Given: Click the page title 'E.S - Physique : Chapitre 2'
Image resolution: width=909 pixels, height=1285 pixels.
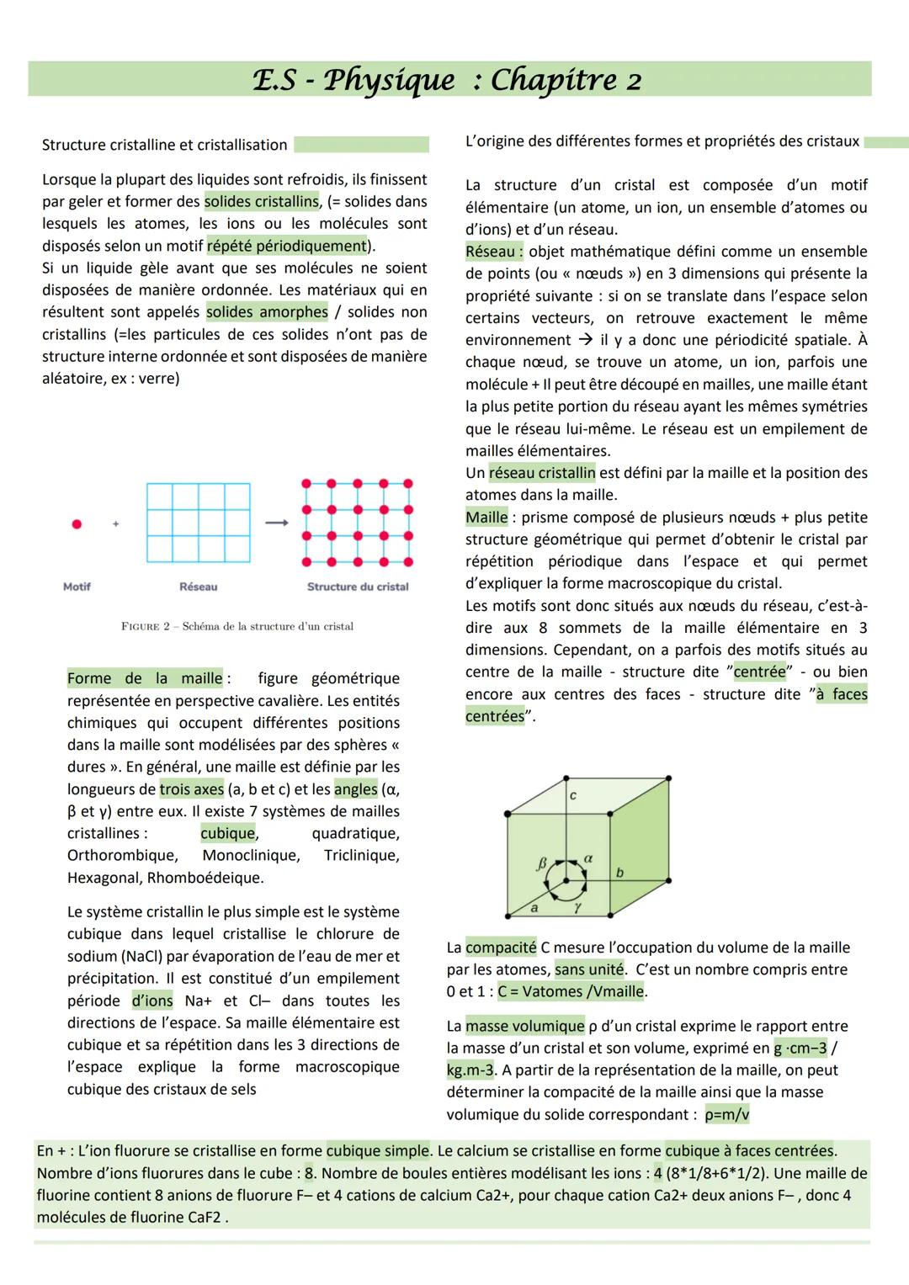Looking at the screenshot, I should (447, 80).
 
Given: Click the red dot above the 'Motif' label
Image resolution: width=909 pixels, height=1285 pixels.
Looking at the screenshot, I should (77, 524).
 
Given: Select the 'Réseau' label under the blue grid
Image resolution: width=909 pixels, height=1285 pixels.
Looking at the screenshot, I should (198, 587).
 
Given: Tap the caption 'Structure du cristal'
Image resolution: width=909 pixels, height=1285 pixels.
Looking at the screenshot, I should (358, 587).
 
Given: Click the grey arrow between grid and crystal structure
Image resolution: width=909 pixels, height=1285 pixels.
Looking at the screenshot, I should (276, 523).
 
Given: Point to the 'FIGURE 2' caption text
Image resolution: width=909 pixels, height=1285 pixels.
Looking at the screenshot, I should (237, 626).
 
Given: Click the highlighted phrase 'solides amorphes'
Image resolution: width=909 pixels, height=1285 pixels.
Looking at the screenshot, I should (268, 312).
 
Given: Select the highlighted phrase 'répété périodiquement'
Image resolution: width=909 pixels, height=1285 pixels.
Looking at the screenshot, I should (286, 246).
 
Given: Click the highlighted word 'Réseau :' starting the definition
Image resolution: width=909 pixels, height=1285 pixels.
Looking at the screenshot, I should (494, 252).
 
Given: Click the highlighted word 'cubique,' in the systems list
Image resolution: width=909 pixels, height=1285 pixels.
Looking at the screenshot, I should (229, 833).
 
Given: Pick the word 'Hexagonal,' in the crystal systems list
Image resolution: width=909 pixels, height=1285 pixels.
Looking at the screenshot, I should (104, 878).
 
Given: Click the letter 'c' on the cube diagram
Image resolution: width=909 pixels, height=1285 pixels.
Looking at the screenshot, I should (573, 795).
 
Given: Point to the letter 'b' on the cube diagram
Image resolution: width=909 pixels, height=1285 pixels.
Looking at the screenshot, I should (619, 873).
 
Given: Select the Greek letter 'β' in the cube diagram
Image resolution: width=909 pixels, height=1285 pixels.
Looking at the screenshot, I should (542, 863).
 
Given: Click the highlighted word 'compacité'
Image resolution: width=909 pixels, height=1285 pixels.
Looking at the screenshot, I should (501, 948).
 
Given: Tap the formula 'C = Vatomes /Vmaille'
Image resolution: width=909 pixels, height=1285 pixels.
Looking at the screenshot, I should (571, 991).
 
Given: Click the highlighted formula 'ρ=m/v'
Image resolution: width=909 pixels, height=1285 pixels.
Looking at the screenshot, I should (726, 1115).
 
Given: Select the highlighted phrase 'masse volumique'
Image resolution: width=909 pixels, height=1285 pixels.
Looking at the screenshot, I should (524, 1026).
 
